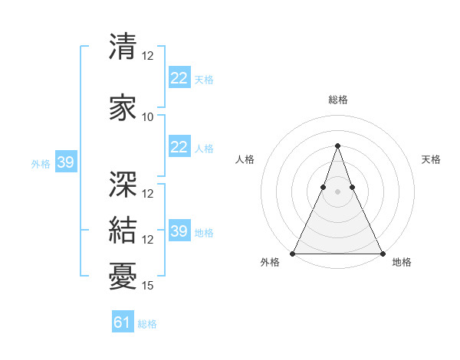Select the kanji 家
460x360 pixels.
coord(123,107)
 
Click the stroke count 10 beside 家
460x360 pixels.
coord(148,117)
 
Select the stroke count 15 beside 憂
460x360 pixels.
coord(148,286)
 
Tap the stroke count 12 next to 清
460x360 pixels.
coord(148,56)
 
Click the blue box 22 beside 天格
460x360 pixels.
coord(179,78)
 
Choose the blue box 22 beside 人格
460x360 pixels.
coord(179,147)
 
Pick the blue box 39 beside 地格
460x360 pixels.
coord(179,231)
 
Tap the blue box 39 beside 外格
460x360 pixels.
coord(65,162)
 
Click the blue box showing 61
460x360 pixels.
coord(123,322)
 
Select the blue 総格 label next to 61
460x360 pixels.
coord(147,324)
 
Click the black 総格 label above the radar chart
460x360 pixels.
coord(337,100)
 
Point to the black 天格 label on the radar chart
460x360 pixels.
coord(431,159)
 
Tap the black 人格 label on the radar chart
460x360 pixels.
coord(245,159)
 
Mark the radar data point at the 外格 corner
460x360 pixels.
coord(293,254)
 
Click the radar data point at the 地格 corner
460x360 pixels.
coord(382,254)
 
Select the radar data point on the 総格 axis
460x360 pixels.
coord(337,146)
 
